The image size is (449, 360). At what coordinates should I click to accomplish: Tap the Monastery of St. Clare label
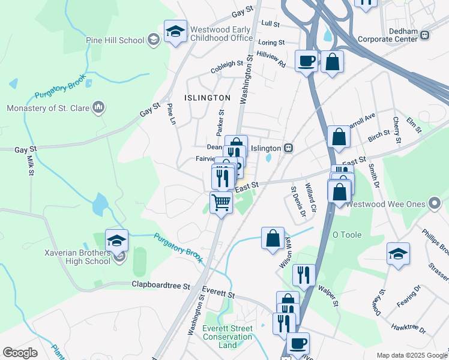pos(47,108)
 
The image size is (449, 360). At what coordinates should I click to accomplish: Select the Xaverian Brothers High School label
pos(77,257)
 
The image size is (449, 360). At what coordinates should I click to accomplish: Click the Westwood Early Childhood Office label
pos(221,34)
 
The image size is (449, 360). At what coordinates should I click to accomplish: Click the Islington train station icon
pos(289,148)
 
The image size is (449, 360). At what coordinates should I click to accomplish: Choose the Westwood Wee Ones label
pos(394,204)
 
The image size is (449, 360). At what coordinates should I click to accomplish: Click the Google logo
pos(20,353)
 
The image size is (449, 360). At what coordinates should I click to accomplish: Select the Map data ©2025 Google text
pos(411,355)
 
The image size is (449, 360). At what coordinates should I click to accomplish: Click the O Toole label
pos(347,235)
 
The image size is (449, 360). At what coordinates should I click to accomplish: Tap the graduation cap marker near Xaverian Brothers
pos(116,240)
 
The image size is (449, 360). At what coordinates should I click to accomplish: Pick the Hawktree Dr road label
pos(408,329)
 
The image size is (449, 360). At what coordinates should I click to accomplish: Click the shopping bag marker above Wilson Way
pos(273,238)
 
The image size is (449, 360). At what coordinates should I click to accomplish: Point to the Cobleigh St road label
pos(227,67)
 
